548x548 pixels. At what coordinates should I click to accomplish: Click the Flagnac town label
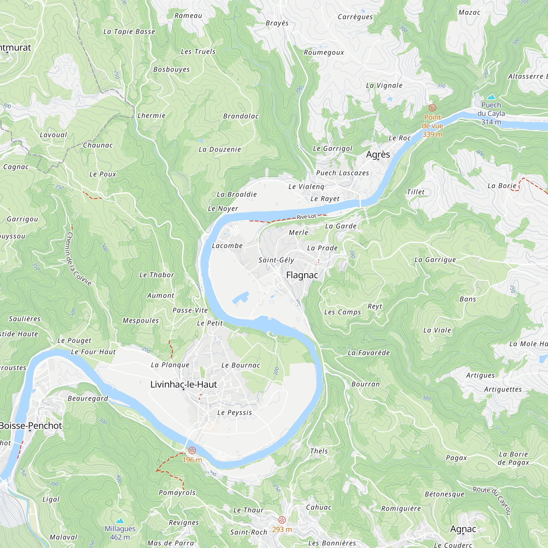(x=302, y=275)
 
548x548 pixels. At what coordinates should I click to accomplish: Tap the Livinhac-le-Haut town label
(x=184, y=384)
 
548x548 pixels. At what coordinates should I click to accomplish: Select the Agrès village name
(x=378, y=154)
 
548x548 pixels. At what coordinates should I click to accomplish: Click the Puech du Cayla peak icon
(x=491, y=97)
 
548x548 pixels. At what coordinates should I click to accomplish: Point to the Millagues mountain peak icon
(x=120, y=521)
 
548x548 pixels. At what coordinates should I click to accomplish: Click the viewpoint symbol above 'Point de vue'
(x=432, y=108)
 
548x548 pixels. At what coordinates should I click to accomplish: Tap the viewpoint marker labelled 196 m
(x=192, y=450)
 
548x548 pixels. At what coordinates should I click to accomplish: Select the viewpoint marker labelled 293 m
(x=282, y=520)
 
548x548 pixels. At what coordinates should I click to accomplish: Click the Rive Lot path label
(x=306, y=216)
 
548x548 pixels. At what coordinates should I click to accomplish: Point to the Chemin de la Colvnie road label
(x=78, y=259)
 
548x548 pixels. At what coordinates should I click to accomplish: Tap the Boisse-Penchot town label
(x=30, y=426)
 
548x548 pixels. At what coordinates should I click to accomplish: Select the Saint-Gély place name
(x=276, y=260)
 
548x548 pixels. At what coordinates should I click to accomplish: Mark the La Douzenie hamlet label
(x=219, y=149)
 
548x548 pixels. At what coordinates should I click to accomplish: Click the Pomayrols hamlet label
(x=177, y=492)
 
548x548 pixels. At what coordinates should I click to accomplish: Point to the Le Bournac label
(x=241, y=365)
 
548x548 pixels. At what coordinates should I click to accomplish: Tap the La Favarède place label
(x=369, y=353)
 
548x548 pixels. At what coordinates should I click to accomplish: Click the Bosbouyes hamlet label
(x=171, y=69)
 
